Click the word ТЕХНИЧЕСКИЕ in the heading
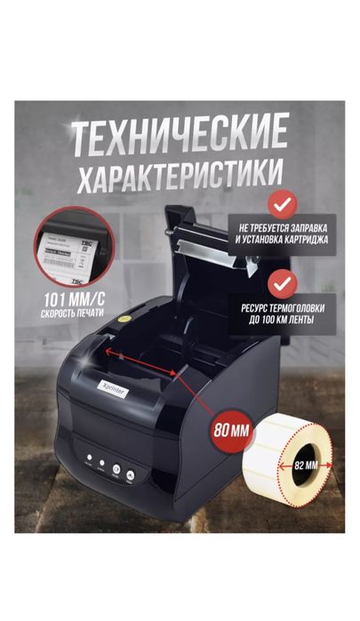pos(180,135)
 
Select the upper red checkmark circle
pos(282,206)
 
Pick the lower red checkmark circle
pos(282,286)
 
